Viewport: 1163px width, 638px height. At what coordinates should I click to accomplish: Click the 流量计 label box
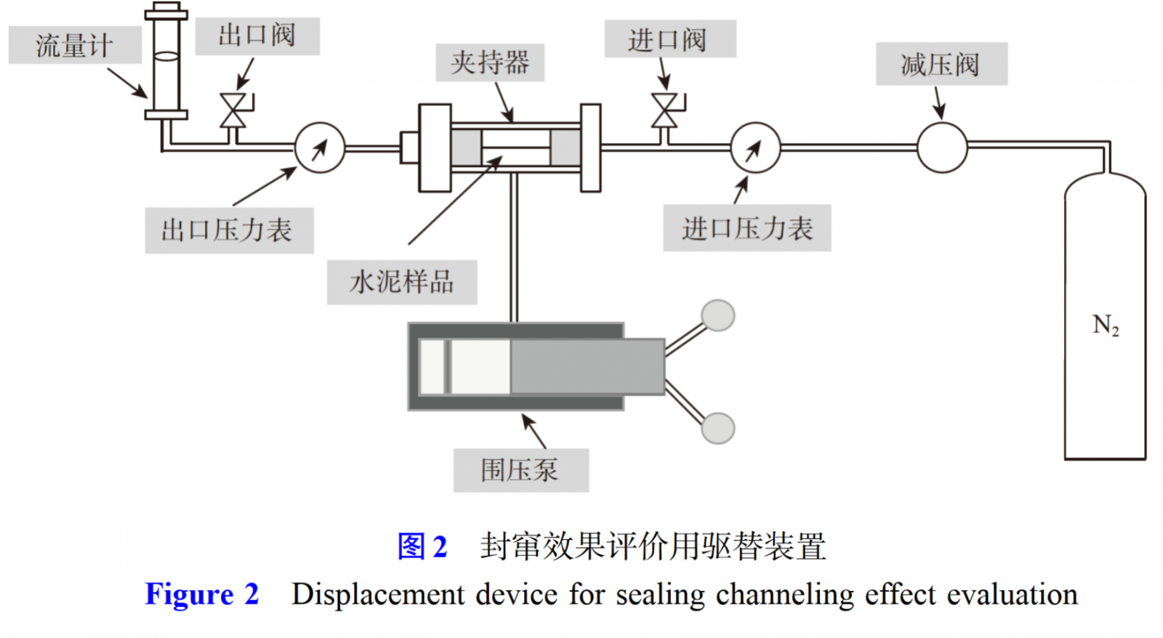75,46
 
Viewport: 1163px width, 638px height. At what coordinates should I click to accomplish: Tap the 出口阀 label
257,36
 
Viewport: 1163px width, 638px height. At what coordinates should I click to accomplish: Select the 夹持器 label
490,62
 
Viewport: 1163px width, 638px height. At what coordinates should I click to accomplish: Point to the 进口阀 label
669,39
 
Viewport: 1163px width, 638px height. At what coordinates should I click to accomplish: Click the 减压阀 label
941,64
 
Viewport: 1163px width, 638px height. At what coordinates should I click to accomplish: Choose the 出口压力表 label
228,230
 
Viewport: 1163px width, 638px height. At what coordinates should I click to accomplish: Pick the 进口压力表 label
747,228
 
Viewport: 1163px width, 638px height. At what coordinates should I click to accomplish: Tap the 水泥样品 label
402,282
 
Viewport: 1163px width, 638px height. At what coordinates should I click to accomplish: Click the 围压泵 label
520,470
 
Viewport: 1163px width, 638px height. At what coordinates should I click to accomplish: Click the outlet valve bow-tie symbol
233,110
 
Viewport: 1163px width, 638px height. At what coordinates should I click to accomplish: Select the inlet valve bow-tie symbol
664,110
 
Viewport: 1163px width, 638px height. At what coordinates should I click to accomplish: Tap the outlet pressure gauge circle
320,148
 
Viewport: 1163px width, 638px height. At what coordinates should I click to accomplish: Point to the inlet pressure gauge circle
755,148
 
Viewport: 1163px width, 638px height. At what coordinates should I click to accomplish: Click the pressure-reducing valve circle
942,148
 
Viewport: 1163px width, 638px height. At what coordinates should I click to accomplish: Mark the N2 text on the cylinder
1106,325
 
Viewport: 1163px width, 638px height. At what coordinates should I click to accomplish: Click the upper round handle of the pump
718,315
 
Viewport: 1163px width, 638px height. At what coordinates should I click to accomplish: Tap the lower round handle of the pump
718,428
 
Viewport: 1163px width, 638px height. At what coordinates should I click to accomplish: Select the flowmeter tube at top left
166,62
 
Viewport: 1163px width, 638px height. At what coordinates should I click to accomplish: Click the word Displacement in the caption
378,594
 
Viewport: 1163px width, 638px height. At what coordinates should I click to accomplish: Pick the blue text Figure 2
202,594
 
